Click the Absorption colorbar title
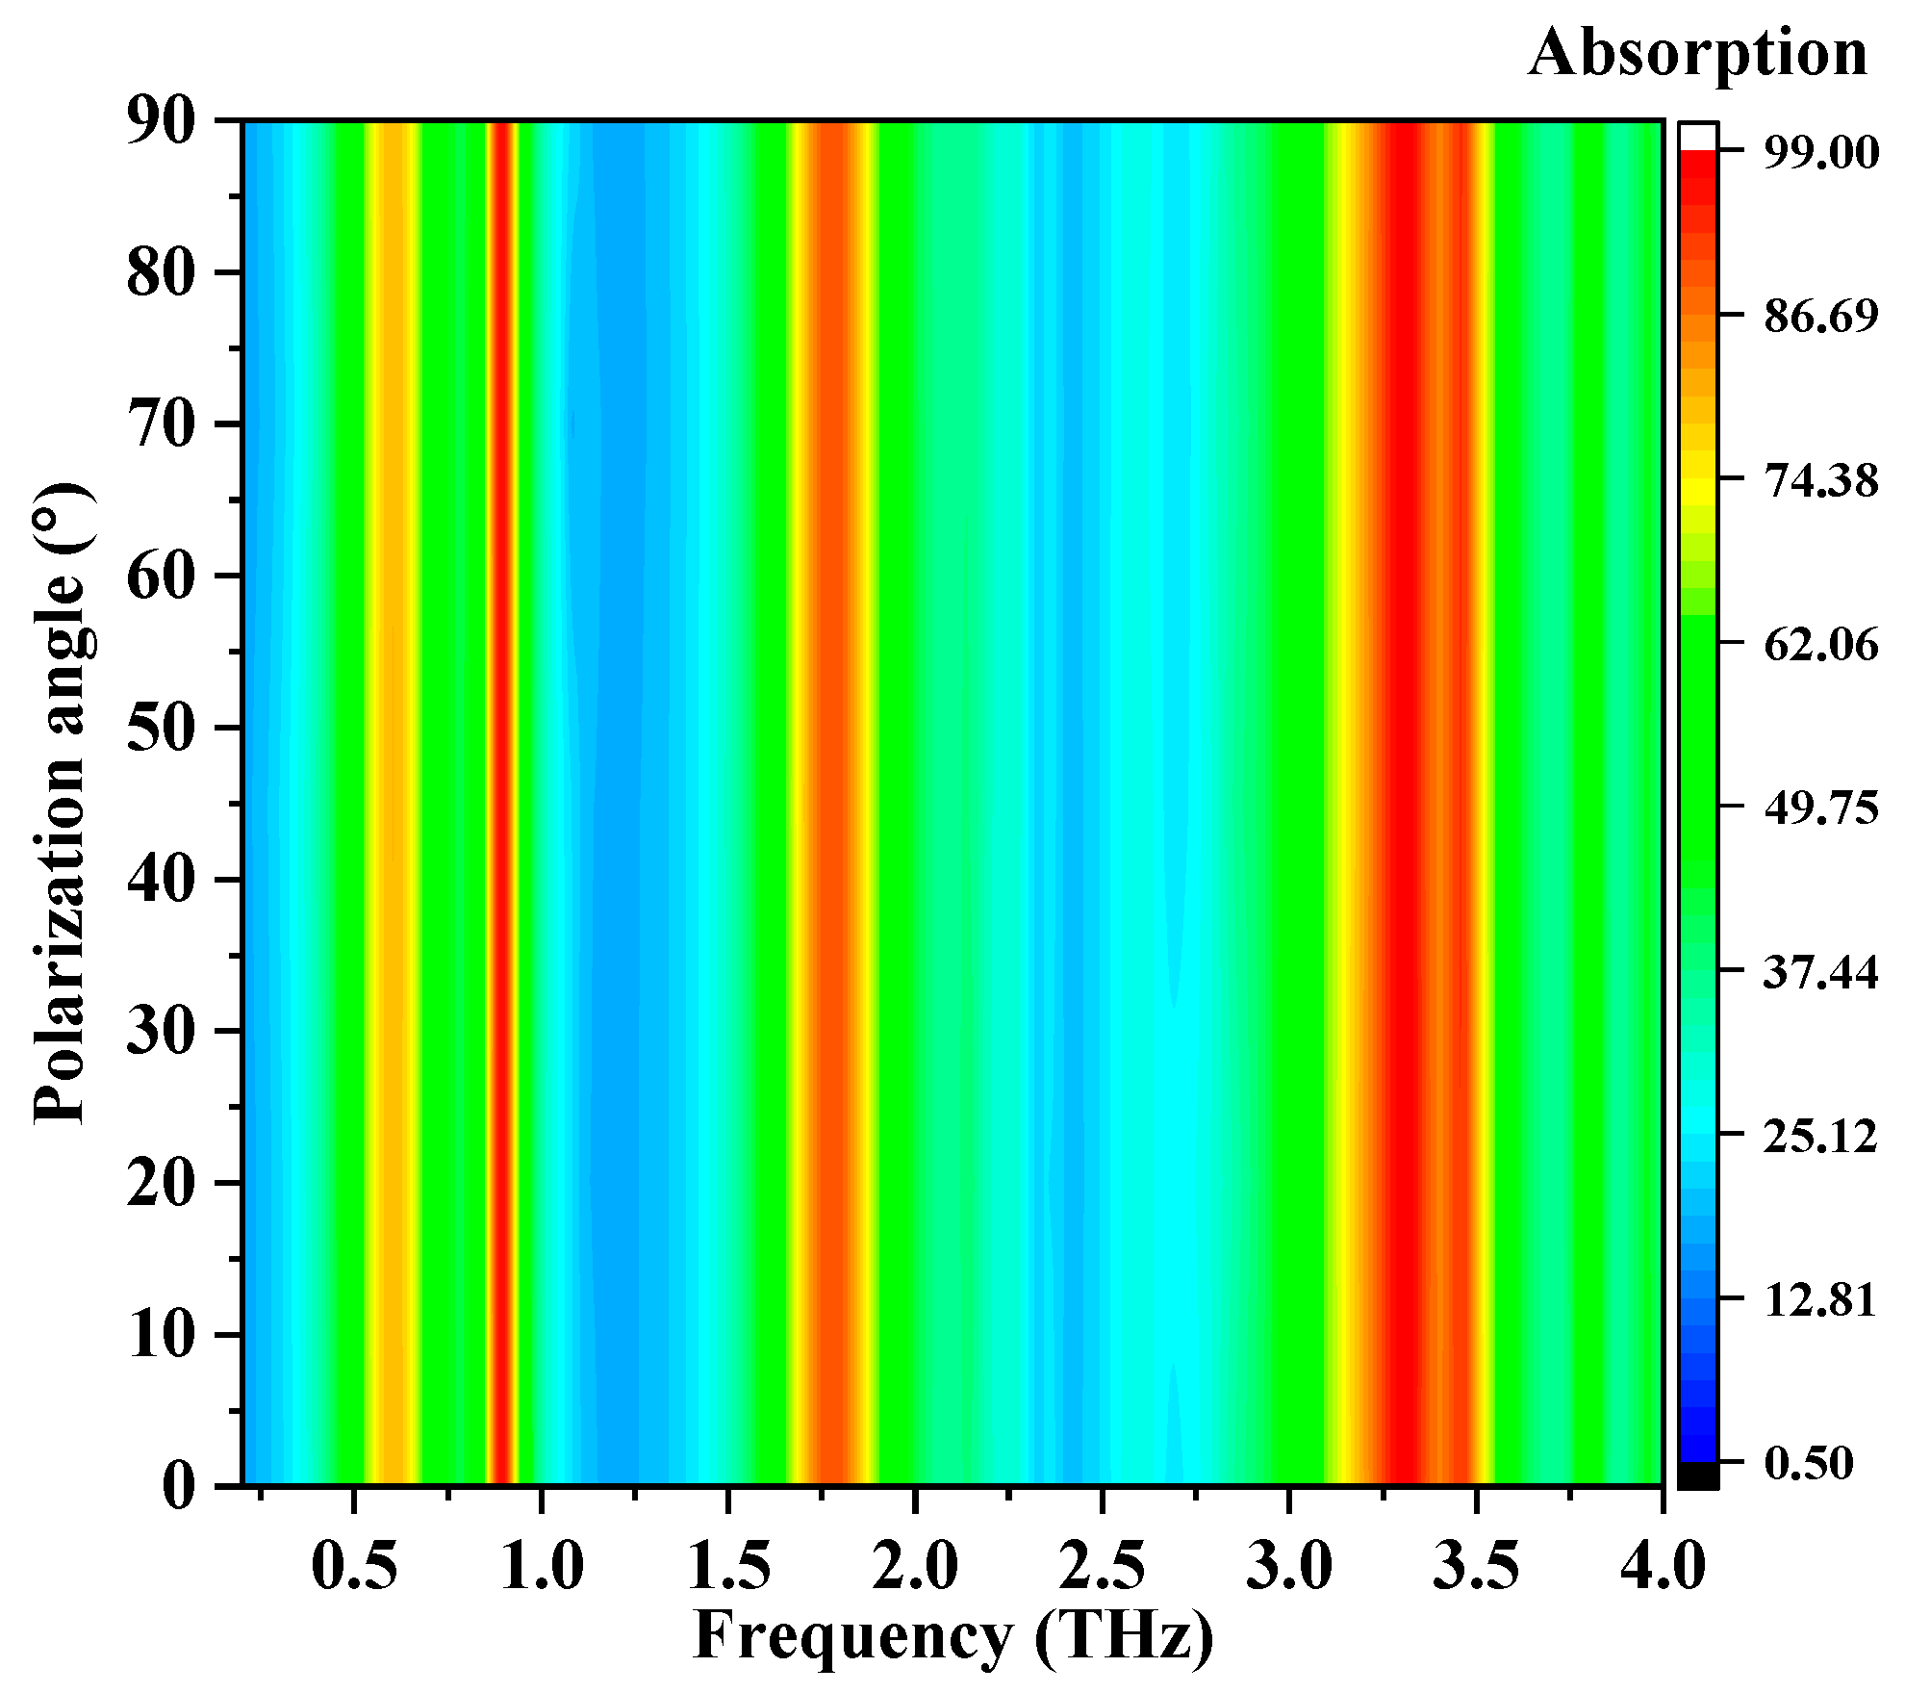click(1697, 53)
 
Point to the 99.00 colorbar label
click(1819, 152)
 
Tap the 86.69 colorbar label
click(1819, 316)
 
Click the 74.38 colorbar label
click(1819, 479)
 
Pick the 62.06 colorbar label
click(1819, 643)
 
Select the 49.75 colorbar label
click(1819, 807)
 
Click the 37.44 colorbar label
click(1819, 972)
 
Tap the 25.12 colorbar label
click(1819, 1136)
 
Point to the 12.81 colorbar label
click(1819, 1299)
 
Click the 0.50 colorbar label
click(1808, 1463)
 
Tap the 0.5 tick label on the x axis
click(354, 1565)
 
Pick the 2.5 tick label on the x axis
click(1102, 1565)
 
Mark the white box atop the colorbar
click(1698, 136)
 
